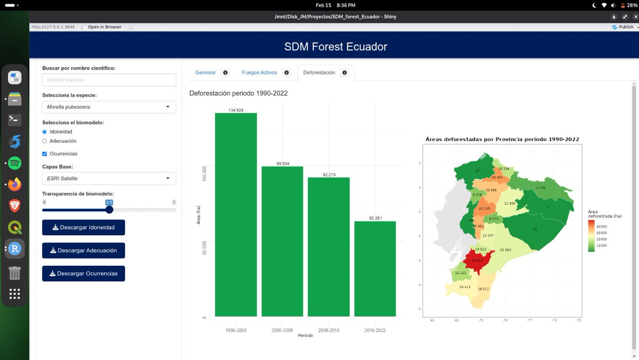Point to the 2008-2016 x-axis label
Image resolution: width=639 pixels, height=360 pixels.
(329, 330)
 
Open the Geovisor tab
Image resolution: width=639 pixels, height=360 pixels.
(206, 72)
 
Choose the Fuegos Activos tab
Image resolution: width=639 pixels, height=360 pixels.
(259, 72)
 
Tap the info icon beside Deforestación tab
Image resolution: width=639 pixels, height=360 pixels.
(345, 72)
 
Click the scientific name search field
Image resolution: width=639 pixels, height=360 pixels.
(109, 80)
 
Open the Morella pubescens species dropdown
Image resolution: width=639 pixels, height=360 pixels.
(109, 107)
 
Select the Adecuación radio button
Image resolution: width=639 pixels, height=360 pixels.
(45, 141)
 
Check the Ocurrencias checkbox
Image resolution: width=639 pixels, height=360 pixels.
(45, 154)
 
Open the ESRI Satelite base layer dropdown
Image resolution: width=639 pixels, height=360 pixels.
(109, 178)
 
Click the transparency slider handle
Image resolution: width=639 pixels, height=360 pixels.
(109, 210)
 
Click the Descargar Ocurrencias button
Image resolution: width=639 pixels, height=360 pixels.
(84, 274)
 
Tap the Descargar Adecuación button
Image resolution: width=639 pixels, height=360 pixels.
(84, 250)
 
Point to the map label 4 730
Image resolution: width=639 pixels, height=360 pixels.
(540, 188)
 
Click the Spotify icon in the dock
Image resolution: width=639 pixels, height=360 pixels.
(14, 163)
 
